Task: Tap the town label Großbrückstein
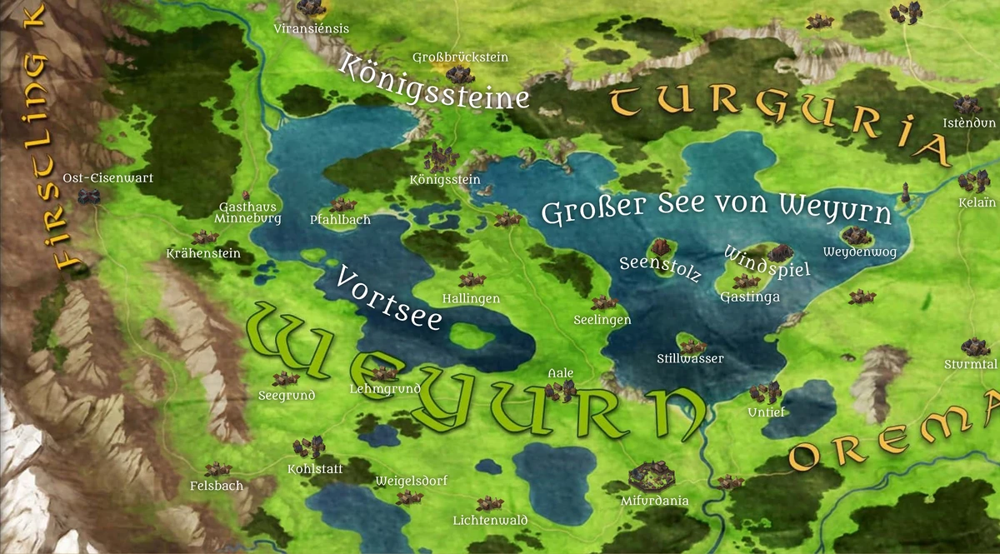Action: click(x=460, y=57)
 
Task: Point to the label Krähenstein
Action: click(x=203, y=253)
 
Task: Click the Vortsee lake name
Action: click(x=388, y=297)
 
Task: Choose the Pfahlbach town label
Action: click(x=340, y=220)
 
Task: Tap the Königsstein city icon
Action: click(x=440, y=157)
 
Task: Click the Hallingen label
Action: click(x=471, y=298)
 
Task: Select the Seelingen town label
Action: click(x=602, y=320)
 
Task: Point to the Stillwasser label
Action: click(x=690, y=359)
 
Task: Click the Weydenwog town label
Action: click(x=859, y=252)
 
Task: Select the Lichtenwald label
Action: click(x=490, y=521)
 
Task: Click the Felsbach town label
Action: click(x=216, y=486)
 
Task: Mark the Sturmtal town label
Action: click(x=971, y=364)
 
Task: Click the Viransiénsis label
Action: click(x=312, y=28)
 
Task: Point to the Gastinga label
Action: click(x=749, y=297)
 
